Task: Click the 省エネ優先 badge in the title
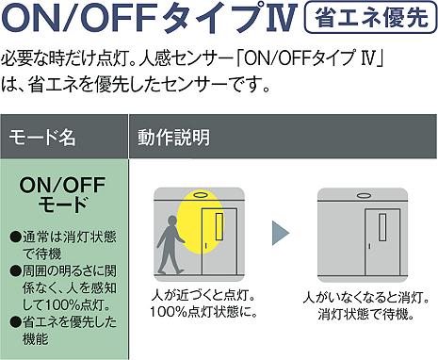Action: coord(371,17)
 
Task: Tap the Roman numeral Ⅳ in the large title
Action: coord(280,18)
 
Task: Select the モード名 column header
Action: coord(42,138)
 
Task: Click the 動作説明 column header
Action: coord(173,138)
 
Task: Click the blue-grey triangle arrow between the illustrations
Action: coord(280,233)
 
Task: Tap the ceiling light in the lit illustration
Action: coord(200,195)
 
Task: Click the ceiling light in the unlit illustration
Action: coord(364,195)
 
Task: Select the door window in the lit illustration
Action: coord(219,227)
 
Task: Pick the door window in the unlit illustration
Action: coord(382,227)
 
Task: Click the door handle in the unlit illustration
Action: coord(369,246)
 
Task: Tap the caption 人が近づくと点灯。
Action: coord(203,296)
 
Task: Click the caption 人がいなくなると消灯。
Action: coord(366,298)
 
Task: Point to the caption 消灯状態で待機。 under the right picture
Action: coord(366,314)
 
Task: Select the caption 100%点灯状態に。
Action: coord(203,312)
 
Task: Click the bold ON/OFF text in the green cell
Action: coord(62,185)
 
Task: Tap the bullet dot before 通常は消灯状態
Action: coord(15,236)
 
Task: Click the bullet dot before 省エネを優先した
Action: coord(15,321)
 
